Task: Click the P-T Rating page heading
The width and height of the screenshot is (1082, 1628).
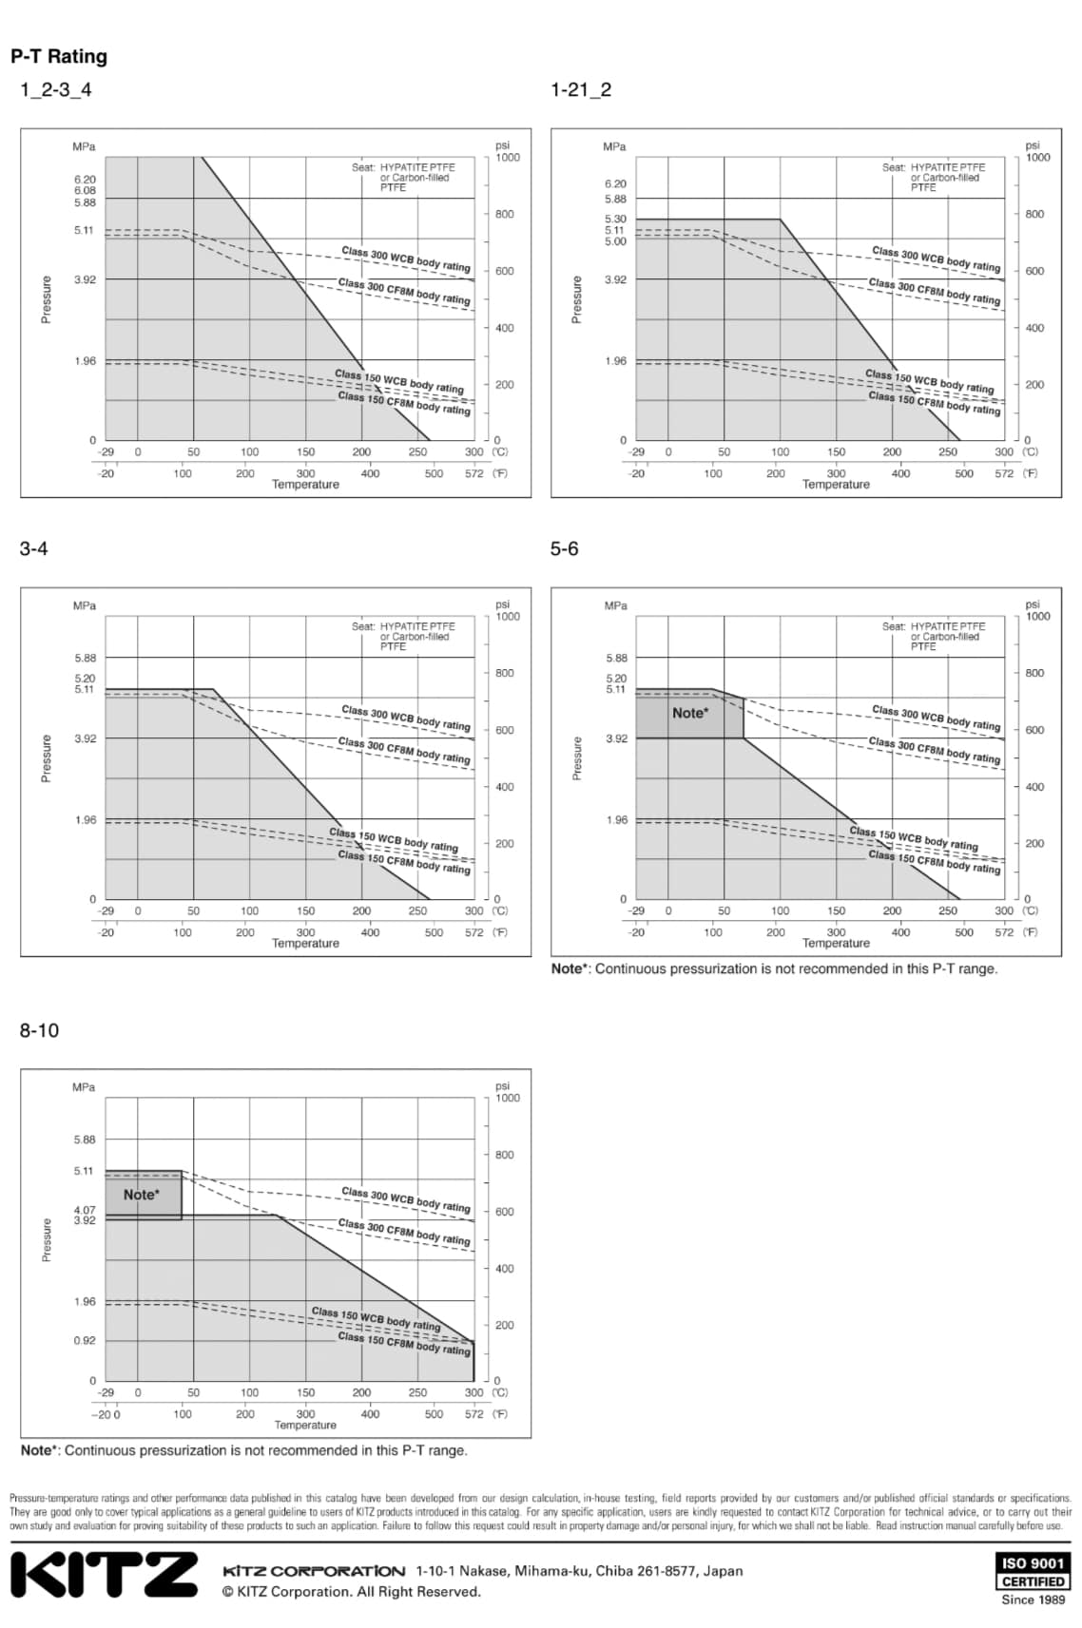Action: tap(59, 56)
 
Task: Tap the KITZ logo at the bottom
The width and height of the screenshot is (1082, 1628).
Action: tap(104, 1575)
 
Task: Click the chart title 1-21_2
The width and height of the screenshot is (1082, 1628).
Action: tap(581, 89)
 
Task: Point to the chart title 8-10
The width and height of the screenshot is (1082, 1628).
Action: tap(39, 1030)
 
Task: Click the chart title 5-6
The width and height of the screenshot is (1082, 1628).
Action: tap(564, 548)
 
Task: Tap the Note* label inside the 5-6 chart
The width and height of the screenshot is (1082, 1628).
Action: tap(689, 713)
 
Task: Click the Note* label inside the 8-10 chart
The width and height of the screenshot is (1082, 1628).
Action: tap(141, 1195)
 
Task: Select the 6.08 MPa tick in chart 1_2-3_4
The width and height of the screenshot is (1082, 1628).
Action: tap(85, 190)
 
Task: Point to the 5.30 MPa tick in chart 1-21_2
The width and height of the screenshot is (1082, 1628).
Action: tap(615, 219)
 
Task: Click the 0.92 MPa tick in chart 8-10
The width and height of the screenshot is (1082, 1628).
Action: tap(85, 1340)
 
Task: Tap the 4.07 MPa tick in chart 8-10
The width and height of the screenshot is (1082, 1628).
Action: tap(85, 1210)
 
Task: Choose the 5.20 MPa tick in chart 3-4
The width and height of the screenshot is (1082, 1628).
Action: tap(85, 679)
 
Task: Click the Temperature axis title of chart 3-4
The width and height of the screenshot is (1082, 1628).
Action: tap(305, 943)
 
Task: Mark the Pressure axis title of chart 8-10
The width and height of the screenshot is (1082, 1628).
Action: tap(46, 1239)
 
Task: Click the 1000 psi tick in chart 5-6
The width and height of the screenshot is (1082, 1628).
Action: tap(1037, 616)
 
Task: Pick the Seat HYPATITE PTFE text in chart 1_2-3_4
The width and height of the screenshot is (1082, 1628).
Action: tap(403, 167)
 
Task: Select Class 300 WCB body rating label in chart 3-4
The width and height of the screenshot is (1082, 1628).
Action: tap(406, 718)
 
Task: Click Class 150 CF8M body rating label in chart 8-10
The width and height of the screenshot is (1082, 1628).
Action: tap(404, 1343)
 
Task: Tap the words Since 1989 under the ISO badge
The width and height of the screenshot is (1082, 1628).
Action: tap(1033, 1599)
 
